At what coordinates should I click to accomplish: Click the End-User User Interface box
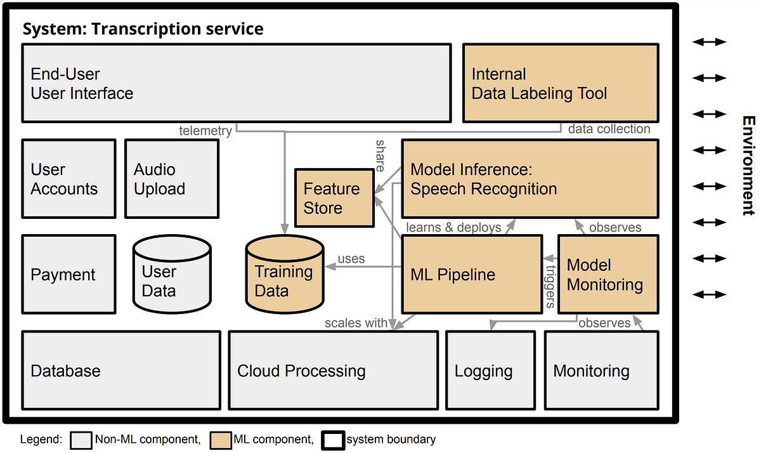point(236,82)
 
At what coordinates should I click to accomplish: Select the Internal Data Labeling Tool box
point(561,82)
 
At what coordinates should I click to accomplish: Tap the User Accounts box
point(69,179)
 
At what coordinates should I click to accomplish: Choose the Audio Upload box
point(172,179)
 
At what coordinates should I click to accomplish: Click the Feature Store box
point(334,198)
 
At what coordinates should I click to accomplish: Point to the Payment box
point(69,275)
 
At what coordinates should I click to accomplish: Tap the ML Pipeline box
point(472,275)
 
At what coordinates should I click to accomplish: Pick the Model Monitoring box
point(608,274)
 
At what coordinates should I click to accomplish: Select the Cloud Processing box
point(333,371)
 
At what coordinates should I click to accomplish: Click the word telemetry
point(205,131)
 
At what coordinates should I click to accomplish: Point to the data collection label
point(609,129)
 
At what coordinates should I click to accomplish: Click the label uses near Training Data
point(351,259)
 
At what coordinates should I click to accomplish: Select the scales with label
point(356,323)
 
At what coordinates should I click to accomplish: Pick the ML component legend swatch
point(221,439)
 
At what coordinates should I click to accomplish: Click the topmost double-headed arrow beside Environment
point(708,42)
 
